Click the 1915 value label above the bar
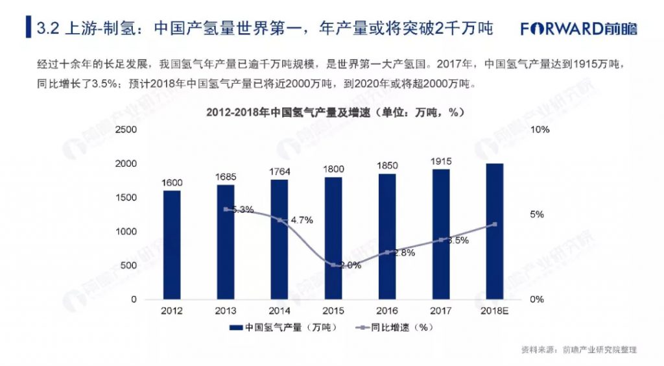tap(441, 161)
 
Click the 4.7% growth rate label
tap(302, 220)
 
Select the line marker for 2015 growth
tap(333, 265)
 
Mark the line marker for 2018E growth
tap(495, 225)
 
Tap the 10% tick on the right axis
tap(539, 130)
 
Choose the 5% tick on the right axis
tap(537, 215)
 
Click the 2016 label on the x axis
tap(387, 311)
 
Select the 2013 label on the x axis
tap(226, 311)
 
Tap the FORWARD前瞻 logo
tap(579, 29)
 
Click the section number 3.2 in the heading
tap(49, 29)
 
